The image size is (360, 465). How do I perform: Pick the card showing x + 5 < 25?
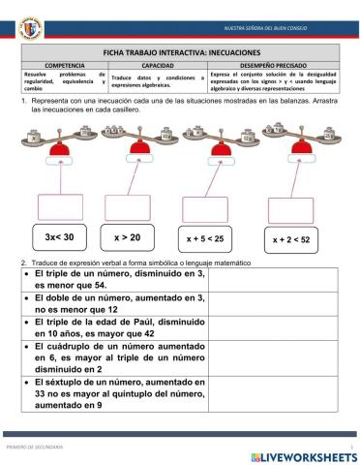click(x=205, y=237)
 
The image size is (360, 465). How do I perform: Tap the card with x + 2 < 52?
click(x=290, y=237)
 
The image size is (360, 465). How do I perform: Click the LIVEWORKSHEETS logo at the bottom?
click(x=302, y=454)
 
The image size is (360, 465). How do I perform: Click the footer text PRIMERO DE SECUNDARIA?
click(x=35, y=447)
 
